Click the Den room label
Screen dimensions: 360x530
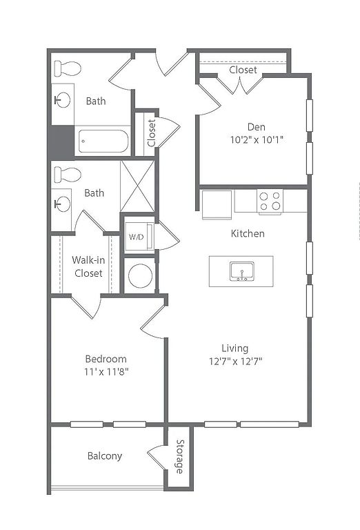coord(257,127)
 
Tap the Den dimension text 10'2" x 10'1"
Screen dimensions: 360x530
coord(257,139)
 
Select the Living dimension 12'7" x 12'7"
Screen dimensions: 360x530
coord(235,362)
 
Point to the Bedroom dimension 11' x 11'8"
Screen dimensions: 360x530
coord(106,372)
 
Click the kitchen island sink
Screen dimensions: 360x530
coord(242,271)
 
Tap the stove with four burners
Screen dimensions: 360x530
coord(270,202)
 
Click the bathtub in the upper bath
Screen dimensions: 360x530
coord(103,141)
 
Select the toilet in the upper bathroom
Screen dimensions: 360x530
coord(68,68)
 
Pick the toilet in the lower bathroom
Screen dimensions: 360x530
coord(68,175)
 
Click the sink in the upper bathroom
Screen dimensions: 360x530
coord(62,100)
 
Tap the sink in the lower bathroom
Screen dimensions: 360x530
coord(62,204)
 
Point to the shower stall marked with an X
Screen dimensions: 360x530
coord(137,186)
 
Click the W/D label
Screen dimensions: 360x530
coord(136,237)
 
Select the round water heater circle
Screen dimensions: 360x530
coord(140,276)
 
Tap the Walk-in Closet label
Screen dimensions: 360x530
coord(88,266)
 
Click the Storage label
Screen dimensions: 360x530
coord(180,457)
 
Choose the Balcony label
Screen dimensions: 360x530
coord(105,456)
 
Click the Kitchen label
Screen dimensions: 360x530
coord(248,233)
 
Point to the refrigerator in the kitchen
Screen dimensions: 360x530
coord(217,205)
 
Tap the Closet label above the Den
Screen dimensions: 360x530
coord(243,70)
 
